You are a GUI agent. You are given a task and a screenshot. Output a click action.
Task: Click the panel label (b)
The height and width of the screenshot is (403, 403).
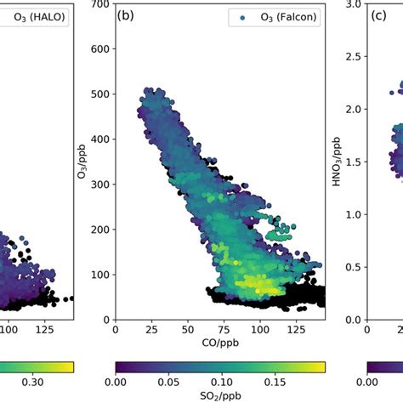point(128,15)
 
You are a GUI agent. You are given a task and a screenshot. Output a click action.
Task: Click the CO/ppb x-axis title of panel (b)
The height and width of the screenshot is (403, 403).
point(220,345)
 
